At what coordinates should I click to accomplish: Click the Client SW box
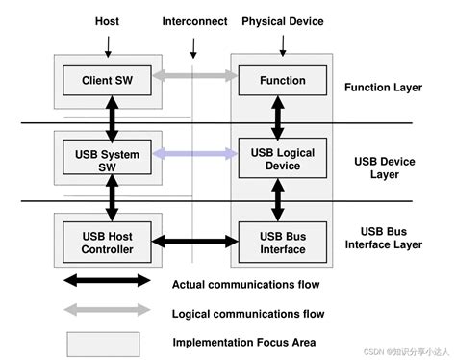tap(107, 80)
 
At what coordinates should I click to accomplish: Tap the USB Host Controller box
tap(107, 243)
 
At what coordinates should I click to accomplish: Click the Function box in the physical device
tap(282, 80)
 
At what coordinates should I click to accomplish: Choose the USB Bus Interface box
tap(282, 243)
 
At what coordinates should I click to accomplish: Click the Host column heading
tap(108, 20)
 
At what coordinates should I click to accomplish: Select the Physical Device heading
tap(283, 20)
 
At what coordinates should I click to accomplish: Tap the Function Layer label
tap(383, 88)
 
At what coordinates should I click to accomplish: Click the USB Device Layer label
tap(383, 167)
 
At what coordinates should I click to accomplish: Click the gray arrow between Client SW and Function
tap(194, 74)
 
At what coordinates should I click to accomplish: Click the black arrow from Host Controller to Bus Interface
tap(194, 240)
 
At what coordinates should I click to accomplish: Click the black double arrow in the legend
tap(107, 281)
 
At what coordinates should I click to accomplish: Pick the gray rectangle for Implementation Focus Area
tap(107, 342)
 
